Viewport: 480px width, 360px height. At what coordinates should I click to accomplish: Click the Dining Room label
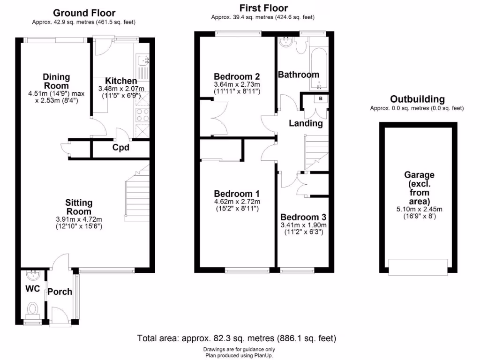click(x=56, y=81)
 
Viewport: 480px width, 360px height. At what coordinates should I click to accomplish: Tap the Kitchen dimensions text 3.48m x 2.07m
click(x=121, y=89)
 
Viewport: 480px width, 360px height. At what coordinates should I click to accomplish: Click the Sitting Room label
click(x=78, y=207)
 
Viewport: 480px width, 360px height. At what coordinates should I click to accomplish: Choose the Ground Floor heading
click(x=84, y=13)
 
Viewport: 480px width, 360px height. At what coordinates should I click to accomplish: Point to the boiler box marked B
click(x=321, y=99)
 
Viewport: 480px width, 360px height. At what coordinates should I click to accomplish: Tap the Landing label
click(x=305, y=124)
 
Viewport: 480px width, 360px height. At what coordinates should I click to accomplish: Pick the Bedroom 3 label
click(x=303, y=217)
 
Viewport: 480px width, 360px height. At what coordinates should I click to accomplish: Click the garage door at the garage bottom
click(x=417, y=268)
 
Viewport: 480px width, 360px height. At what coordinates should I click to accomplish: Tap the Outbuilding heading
click(x=417, y=99)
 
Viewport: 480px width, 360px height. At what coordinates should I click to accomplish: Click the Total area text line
click(x=236, y=338)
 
